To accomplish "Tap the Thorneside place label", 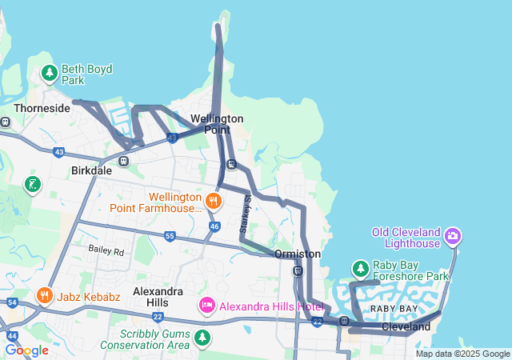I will [x=42, y=107].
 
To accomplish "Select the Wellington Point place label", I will [x=217, y=124].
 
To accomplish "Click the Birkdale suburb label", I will [x=91, y=170].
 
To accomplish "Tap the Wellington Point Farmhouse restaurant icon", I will [x=213, y=200].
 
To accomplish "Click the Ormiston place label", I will [x=297, y=254].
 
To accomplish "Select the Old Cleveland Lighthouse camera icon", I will [x=454, y=235].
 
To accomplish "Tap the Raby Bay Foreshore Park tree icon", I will [x=361, y=267].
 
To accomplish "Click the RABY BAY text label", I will [x=393, y=309].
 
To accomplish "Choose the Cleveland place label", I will [x=406, y=327].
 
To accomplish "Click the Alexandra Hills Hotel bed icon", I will [x=206, y=306].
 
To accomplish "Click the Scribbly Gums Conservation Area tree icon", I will [x=202, y=338].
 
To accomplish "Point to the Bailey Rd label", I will [x=106, y=250].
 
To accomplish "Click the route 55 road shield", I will [x=170, y=236].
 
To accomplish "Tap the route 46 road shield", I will [x=214, y=226].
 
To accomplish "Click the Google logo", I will [x=27, y=350].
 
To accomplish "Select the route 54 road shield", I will [x=12, y=302].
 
